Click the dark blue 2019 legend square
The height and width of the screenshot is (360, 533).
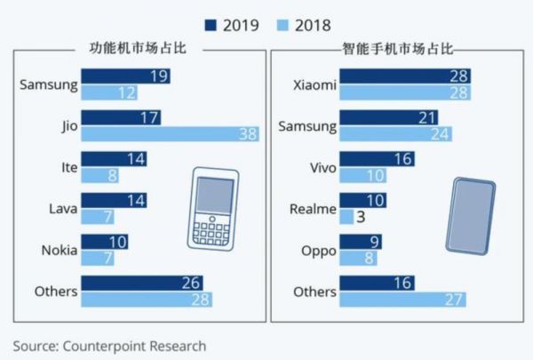click(211, 24)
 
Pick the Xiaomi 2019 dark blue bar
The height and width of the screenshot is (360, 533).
click(405, 76)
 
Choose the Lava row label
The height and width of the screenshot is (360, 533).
click(61, 208)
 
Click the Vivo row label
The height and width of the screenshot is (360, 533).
click(320, 167)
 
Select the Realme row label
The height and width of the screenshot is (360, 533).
click(314, 209)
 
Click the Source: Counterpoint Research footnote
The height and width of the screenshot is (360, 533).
click(110, 345)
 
